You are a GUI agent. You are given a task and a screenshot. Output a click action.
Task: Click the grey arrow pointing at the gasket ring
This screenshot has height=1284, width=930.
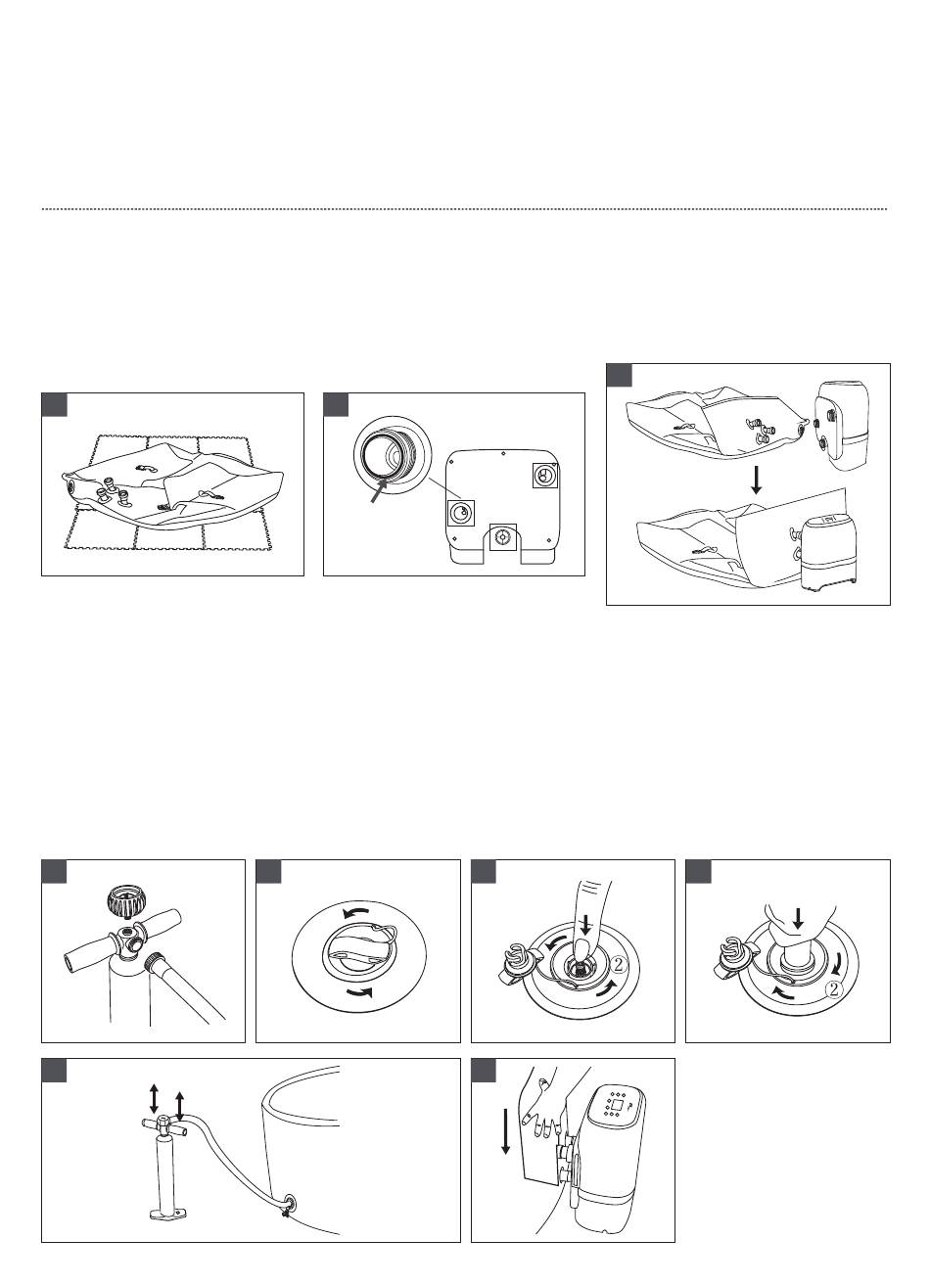(379, 490)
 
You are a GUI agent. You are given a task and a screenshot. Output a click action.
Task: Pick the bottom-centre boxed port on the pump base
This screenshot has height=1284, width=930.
(503, 537)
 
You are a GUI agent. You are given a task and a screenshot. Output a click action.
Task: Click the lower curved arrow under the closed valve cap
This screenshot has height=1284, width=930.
(360, 990)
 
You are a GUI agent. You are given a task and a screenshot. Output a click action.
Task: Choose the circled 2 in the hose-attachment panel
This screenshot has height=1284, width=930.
(834, 987)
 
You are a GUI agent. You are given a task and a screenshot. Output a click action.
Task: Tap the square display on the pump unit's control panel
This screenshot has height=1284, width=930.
(618, 1101)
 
